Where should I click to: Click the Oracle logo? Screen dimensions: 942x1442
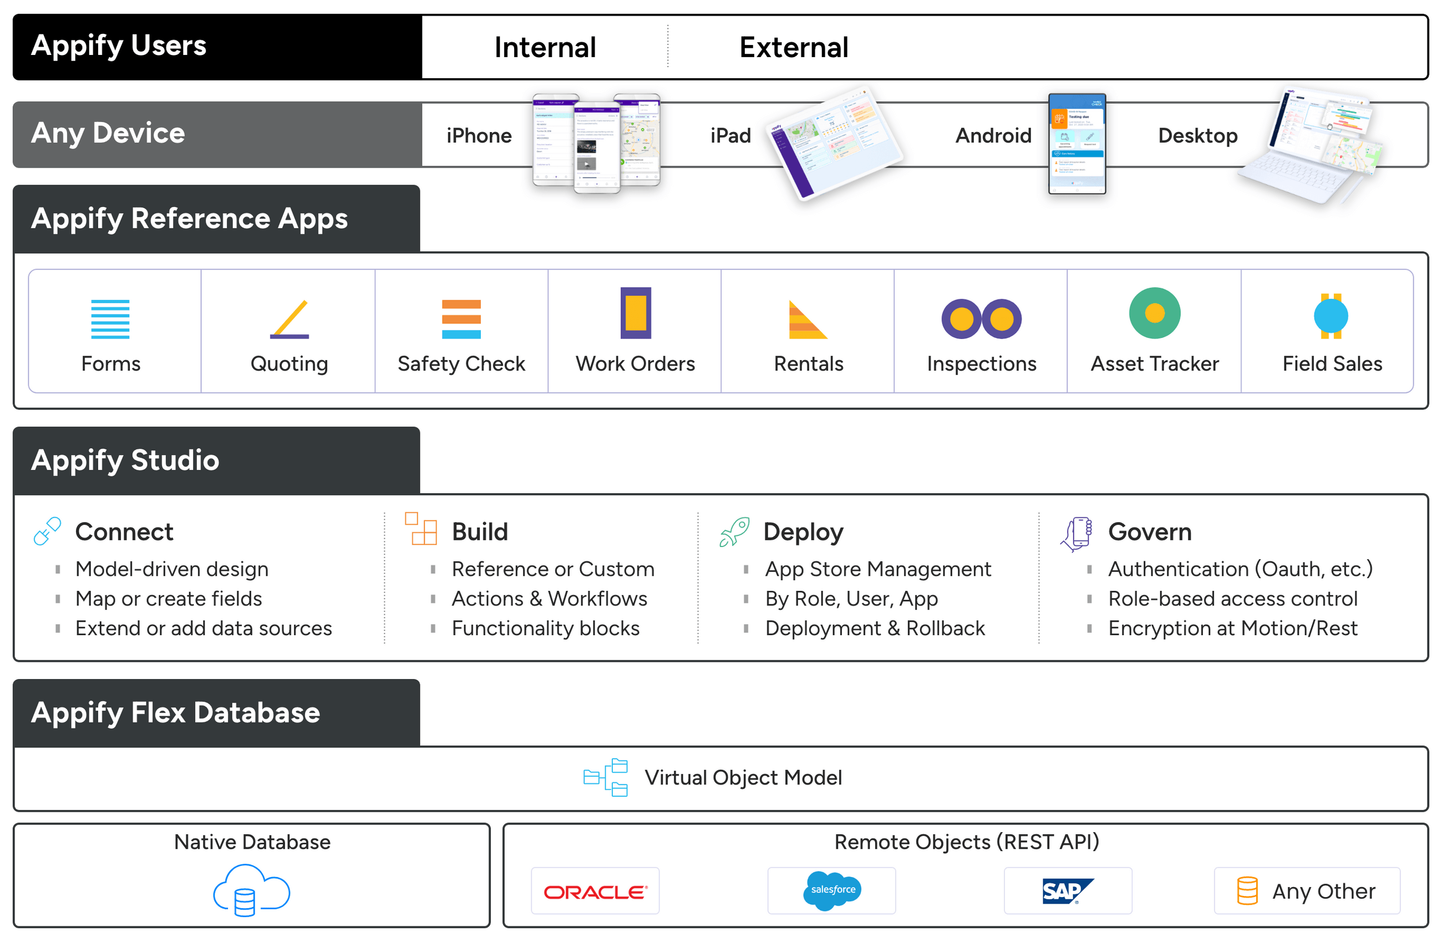tap(595, 892)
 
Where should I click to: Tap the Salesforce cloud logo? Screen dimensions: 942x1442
tap(832, 890)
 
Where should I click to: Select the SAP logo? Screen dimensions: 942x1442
tap(1067, 891)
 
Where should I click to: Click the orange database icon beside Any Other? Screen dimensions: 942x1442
tap(1247, 891)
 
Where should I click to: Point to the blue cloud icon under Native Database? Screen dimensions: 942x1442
tap(251, 890)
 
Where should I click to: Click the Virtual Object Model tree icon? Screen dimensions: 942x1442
tap(605, 777)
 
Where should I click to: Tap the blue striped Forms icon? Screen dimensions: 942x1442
tap(110, 319)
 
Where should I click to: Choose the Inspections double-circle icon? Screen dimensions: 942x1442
tap(981, 319)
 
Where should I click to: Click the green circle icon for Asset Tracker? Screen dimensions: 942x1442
tap(1154, 313)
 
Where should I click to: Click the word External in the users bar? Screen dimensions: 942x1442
tap(793, 47)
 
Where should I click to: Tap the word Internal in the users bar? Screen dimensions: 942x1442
tap(545, 47)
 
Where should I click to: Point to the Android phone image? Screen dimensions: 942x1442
tap(1077, 144)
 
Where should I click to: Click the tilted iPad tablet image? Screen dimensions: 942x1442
tap(835, 143)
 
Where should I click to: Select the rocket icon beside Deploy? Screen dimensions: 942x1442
tap(734, 531)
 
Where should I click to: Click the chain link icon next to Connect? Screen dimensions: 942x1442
tap(47, 531)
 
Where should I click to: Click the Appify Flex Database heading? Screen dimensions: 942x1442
tap(176, 712)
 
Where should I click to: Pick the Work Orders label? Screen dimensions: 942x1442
tap(634, 364)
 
